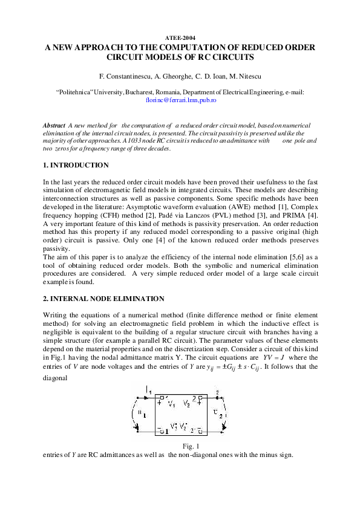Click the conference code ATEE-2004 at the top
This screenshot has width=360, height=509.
point(180,37)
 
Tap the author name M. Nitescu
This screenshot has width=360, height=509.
point(245,77)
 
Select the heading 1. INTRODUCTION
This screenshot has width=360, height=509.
point(76,165)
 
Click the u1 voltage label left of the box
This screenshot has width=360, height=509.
point(141,413)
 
